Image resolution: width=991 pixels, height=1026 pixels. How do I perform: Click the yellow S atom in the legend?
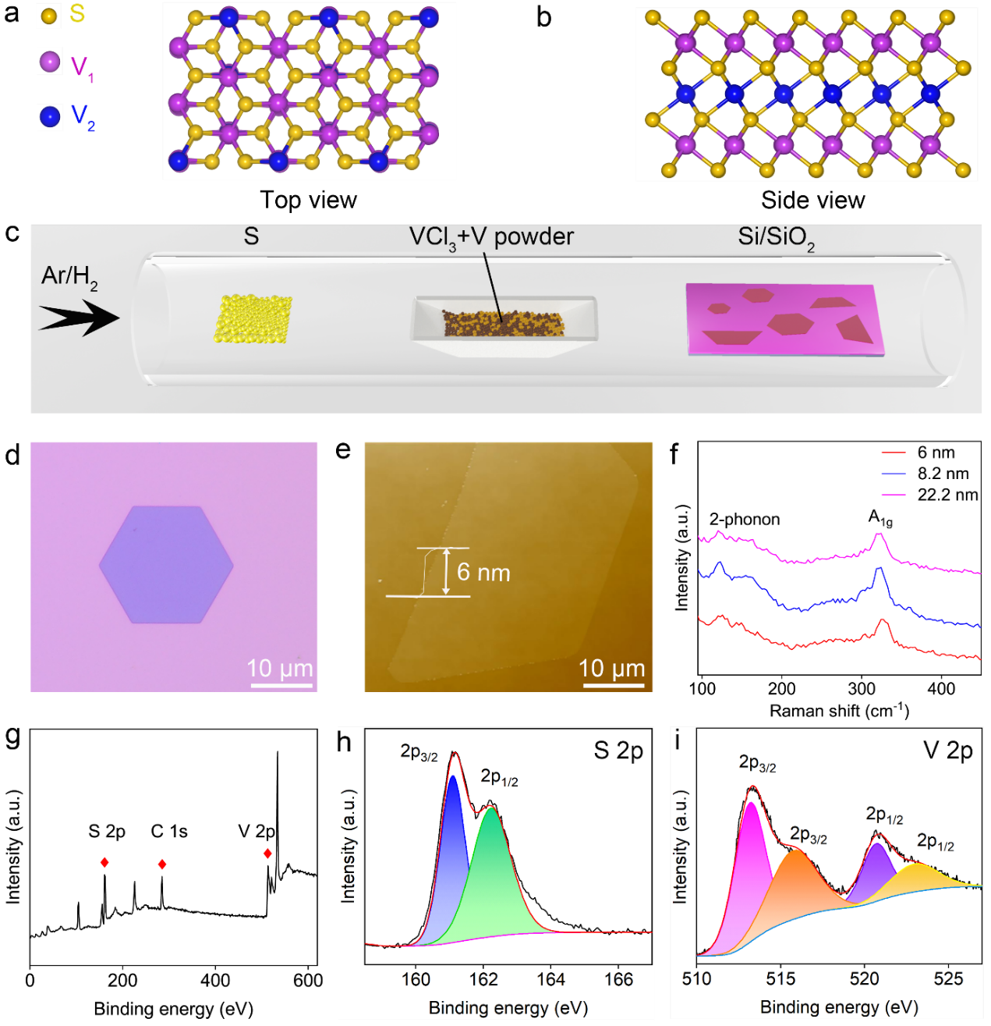pos(49,15)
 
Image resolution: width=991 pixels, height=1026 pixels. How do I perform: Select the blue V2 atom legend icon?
pos(50,117)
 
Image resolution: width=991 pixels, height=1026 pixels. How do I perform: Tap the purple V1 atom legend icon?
pos(50,62)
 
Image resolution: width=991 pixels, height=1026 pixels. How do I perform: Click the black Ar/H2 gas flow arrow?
pos(79,318)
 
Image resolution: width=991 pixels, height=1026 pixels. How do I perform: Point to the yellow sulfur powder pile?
pos(253,318)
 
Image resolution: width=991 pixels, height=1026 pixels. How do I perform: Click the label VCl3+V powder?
pos(491,237)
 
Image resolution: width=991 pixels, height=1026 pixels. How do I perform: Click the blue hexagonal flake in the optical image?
pos(166,564)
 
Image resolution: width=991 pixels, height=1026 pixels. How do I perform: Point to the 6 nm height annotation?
pos(483,573)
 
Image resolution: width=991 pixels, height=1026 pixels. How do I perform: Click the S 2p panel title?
pos(618,751)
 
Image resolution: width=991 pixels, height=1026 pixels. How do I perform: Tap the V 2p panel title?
pos(947,751)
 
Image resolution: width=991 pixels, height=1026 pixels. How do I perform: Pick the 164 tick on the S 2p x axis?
pos(551,979)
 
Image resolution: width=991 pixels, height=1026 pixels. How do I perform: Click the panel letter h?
pos(345,741)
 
